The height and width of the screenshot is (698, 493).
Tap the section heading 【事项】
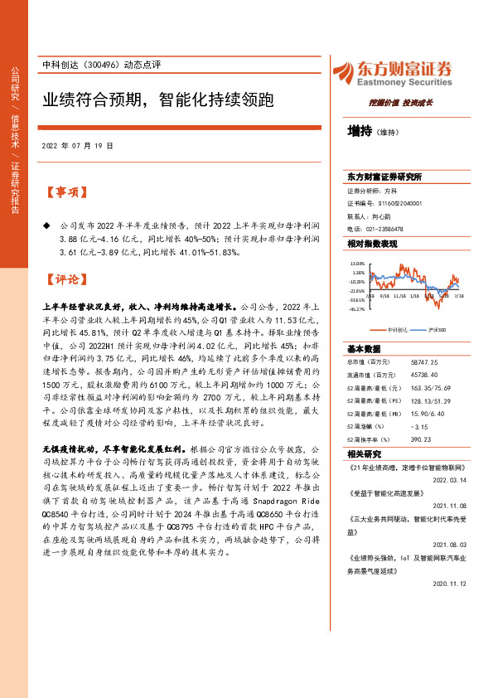64,191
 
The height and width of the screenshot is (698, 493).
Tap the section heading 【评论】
64,279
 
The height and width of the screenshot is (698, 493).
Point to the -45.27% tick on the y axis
357,309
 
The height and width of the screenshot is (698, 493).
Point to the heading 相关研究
364,454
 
